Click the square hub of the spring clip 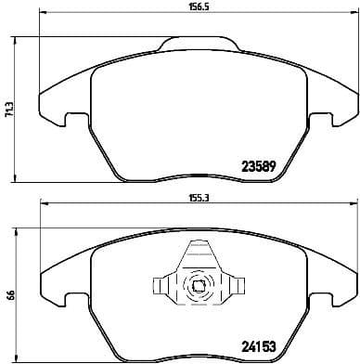(x=197, y=286)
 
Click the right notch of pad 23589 (x=319, y=120)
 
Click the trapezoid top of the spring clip (x=197, y=253)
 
